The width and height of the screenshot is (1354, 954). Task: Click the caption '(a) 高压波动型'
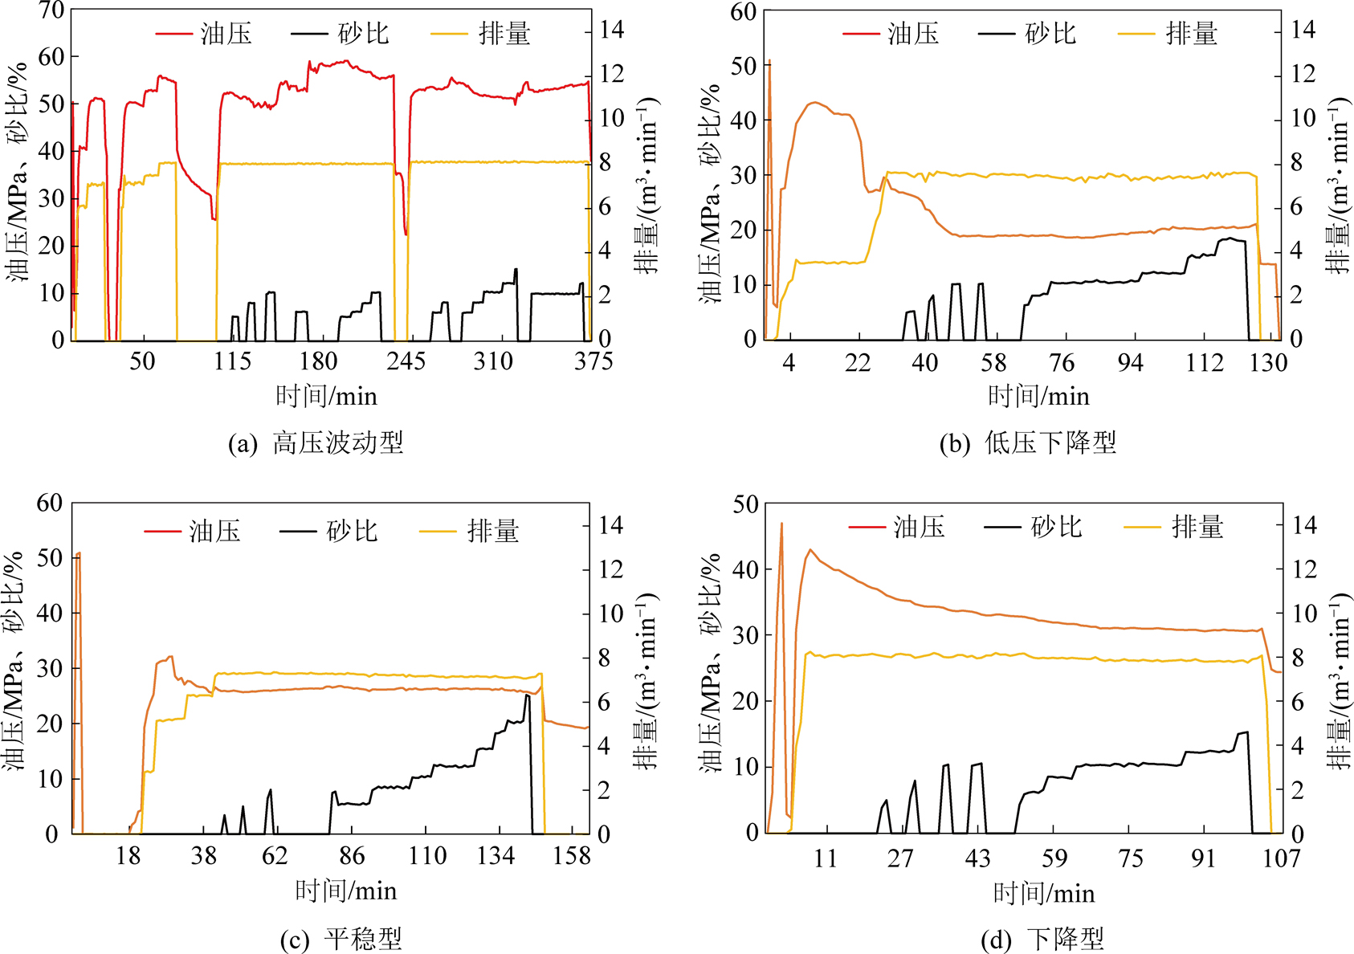click(x=316, y=443)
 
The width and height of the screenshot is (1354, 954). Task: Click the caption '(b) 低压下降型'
click(x=1028, y=443)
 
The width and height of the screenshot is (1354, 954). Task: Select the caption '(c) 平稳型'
click(x=341, y=939)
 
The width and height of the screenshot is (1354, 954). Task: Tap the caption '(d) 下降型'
click(x=1042, y=939)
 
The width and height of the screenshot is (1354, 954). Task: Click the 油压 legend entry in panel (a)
click(x=204, y=34)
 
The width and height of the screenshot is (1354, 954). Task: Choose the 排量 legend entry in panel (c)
click(x=470, y=531)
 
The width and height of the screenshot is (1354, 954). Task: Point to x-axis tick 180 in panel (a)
click(x=318, y=361)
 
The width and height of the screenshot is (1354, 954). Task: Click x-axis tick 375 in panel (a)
click(x=593, y=361)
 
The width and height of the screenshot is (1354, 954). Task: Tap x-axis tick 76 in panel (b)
click(x=1062, y=363)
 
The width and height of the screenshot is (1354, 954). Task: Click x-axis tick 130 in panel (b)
click(x=1268, y=363)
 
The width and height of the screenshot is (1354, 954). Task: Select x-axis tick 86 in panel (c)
click(x=351, y=856)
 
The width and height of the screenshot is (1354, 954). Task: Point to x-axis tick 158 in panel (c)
click(x=571, y=856)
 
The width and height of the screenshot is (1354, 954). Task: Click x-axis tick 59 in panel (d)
click(x=1054, y=858)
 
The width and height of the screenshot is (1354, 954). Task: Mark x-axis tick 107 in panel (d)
click(x=1281, y=858)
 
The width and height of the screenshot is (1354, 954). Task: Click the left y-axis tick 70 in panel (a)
click(x=51, y=10)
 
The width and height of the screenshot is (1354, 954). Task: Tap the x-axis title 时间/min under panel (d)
click(x=1044, y=893)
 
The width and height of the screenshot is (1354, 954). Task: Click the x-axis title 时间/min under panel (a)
click(x=326, y=396)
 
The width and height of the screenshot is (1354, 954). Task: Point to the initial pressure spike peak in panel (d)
click(x=781, y=524)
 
